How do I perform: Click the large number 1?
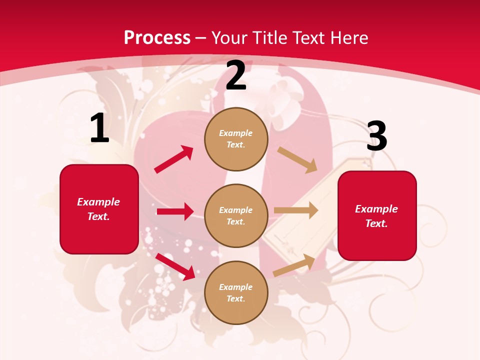[99, 128]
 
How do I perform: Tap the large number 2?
[236, 75]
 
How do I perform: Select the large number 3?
[376, 136]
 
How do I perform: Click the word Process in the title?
[157, 37]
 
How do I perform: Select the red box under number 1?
[99, 209]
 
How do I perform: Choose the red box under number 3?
[377, 215]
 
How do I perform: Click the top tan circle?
[236, 139]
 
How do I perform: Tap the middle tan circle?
[236, 215]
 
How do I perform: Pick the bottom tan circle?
[236, 292]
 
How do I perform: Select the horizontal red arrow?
[175, 211]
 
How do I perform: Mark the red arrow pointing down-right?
[175, 266]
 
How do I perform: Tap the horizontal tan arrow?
[296, 210]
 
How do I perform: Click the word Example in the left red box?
[98, 202]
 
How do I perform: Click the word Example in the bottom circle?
[236, 287]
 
